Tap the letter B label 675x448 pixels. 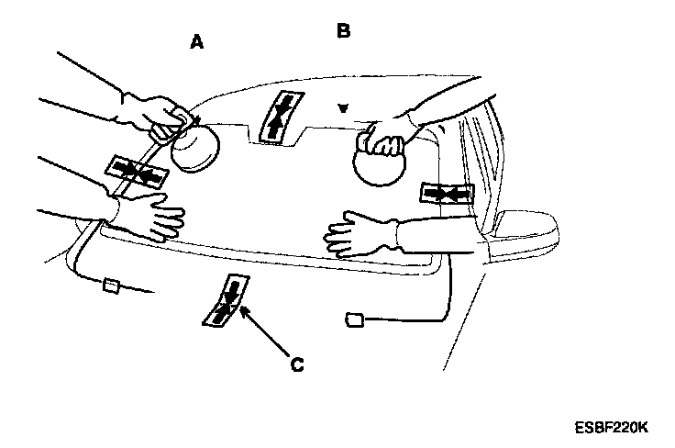pos(343,31)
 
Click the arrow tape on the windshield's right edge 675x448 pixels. pos(448,193)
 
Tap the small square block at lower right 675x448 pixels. pos(354,320)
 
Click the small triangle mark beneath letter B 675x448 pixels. pos(343,108)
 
